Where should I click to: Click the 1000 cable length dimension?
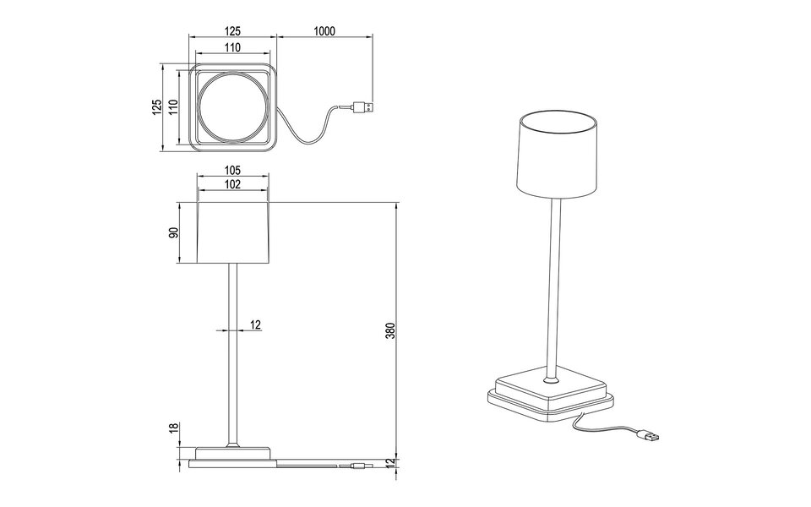(x=324, y=31)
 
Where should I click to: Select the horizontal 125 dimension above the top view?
(x=232, y=31)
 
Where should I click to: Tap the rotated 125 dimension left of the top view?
(x=156, y=108)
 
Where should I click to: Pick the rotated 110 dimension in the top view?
(x=173, y=108)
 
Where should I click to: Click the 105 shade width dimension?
(x=233, y=169)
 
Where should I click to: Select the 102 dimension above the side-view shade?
(x=233, y=184)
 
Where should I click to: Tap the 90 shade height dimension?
(x=173, y=233)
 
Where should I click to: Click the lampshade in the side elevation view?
(x=233, y=232)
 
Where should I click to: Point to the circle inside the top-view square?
(x=232, y=109)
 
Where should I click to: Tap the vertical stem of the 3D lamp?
(x=554, y=287)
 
